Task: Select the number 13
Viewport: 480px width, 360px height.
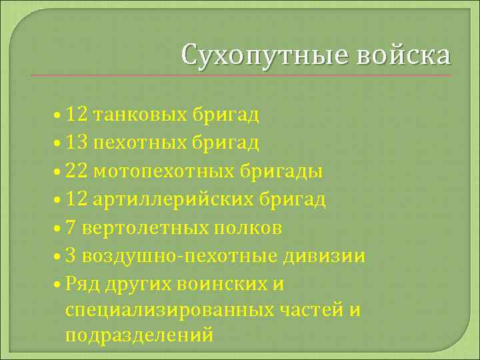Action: point(77,143)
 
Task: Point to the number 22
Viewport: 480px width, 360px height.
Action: point(77,171)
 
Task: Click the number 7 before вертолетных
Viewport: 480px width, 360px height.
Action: point(71,228)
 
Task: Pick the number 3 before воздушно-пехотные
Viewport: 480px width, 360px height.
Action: point(71,257)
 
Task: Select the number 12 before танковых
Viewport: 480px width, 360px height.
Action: point(77,115)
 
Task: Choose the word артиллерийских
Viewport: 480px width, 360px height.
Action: point(170,200)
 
